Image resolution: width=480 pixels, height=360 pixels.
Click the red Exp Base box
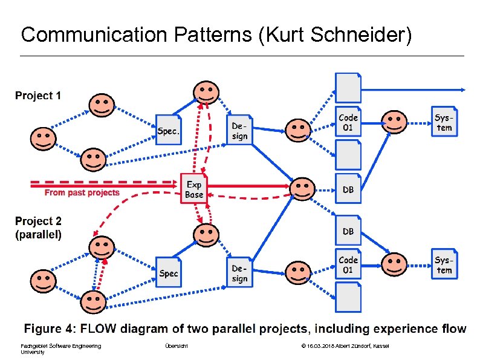(x=194, y=189)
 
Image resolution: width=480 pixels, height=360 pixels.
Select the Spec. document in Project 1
(x=169, y=130)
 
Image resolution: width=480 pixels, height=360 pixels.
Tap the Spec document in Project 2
(x=169, y=273)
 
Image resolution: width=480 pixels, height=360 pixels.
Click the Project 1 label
(x=38, y=96)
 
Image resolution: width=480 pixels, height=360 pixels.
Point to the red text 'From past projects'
(x=82, y=193)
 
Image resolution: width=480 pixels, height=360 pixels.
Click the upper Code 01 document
(x=348, y=123)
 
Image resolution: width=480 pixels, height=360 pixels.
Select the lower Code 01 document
(x=348, y=264)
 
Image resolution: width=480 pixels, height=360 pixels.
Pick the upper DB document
(x=348, y=189)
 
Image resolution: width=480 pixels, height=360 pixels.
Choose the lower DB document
(x=348, y=231)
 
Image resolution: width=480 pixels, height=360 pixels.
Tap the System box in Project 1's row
(x=444, y=122)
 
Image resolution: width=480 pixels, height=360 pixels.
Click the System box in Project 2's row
(x=444, y=264)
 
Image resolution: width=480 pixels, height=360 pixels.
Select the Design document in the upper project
(x=240, y=131)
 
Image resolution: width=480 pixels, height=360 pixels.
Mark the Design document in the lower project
(x=240, y=273)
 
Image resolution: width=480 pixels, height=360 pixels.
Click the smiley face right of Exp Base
(x=302, y=188)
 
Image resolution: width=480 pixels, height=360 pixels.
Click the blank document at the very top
(x=348, y=87)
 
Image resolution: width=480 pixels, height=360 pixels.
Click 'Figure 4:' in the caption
(x=50, y=329)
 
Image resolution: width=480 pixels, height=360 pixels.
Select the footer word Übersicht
(x=176, y=345)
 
